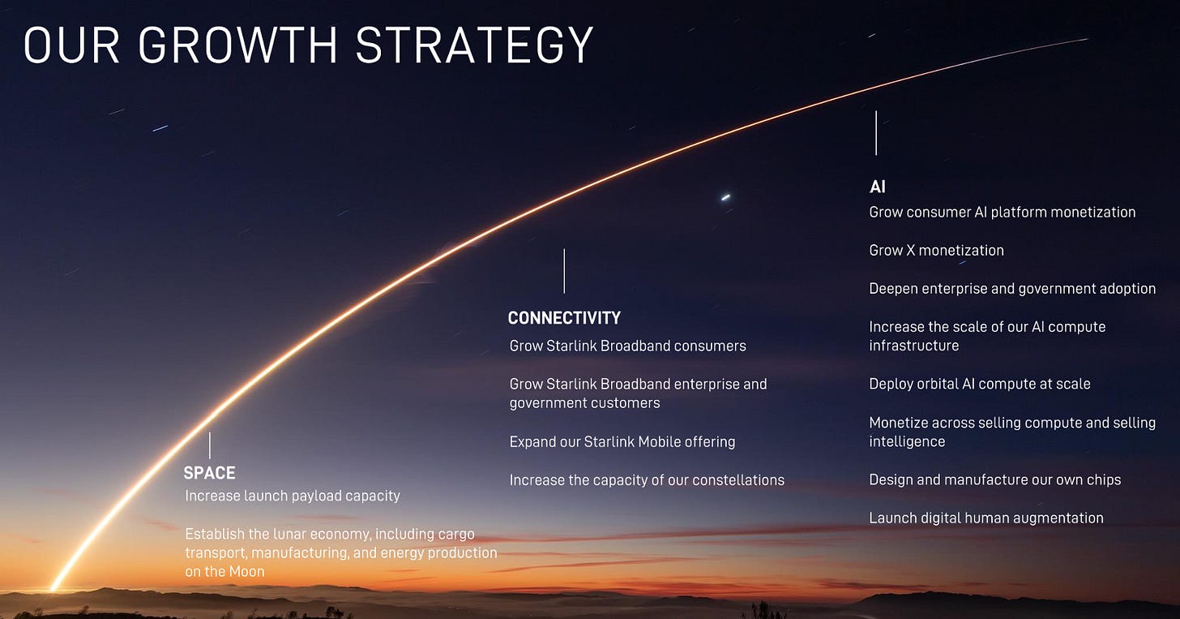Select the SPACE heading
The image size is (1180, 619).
[x=209, y=473]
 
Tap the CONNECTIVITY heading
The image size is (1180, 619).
[x=564, y=318]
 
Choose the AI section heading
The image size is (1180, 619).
[x=877, y=187]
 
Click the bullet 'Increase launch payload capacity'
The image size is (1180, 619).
[x=293, y=496]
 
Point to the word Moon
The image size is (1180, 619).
[x=247, y=572]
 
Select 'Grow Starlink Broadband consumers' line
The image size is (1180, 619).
[x=627, y=346]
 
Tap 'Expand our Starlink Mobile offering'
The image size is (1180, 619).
[x=622, y=442]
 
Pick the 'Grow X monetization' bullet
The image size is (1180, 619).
[x=936, y=251]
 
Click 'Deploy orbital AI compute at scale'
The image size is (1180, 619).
[x=979, y=384]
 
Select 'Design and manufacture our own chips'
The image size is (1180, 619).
[x=994, y=479]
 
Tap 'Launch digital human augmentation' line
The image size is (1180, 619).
[x=986, y=518]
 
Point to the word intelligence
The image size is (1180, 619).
[x=907, y=442]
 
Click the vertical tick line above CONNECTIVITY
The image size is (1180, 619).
[x=564, y=271]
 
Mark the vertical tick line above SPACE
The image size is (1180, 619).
[x=210, y=445]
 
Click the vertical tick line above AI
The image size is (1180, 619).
[x=876, y=133]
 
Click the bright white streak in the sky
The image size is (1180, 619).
[x=725, y=197]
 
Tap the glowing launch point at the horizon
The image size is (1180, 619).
[x=53, y=588]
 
